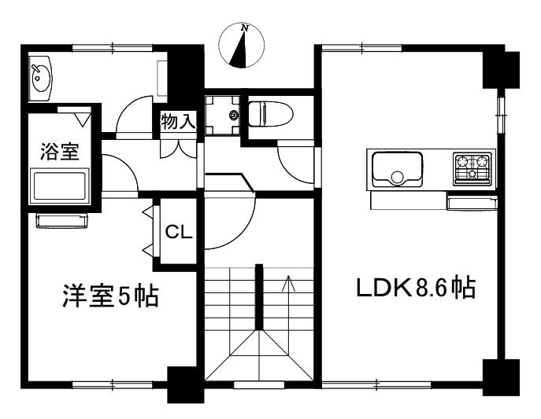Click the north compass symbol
point(242,45)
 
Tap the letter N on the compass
point(245,28)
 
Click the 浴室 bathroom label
point(60,152)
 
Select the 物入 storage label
point(179,121)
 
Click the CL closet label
point(179,232)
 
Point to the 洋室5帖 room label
point(111,296)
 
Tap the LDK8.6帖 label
point(416,287)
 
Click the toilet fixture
point(271,114)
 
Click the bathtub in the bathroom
point(60,186)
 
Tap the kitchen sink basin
point(397,170)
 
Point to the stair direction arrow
point(288,283)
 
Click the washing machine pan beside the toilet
point(223,115)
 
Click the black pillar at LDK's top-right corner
point(501,69)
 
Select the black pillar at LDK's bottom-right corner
point(501,377)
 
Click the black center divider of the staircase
point(259,297)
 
